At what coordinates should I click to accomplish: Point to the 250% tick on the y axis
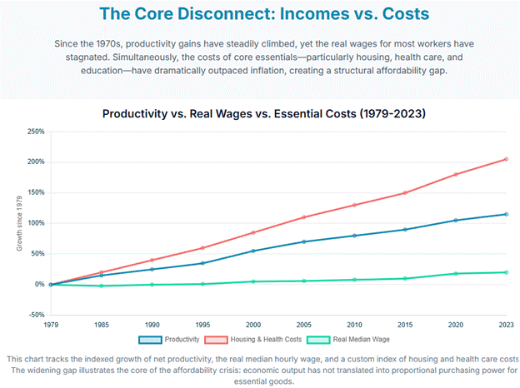(x=36, y=132)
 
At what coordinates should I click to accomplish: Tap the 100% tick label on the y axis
(x=36, y=223)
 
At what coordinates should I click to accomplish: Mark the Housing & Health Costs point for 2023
(x=506, y=159)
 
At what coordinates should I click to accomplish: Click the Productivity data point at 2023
(x=506, y=214)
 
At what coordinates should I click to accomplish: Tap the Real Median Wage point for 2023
(x=506, y=272)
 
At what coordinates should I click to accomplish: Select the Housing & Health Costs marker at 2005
(x=303, y=217)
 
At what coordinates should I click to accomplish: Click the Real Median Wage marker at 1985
(x=102, y=286)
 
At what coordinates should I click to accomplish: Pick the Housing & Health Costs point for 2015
(x=405, y=192)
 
